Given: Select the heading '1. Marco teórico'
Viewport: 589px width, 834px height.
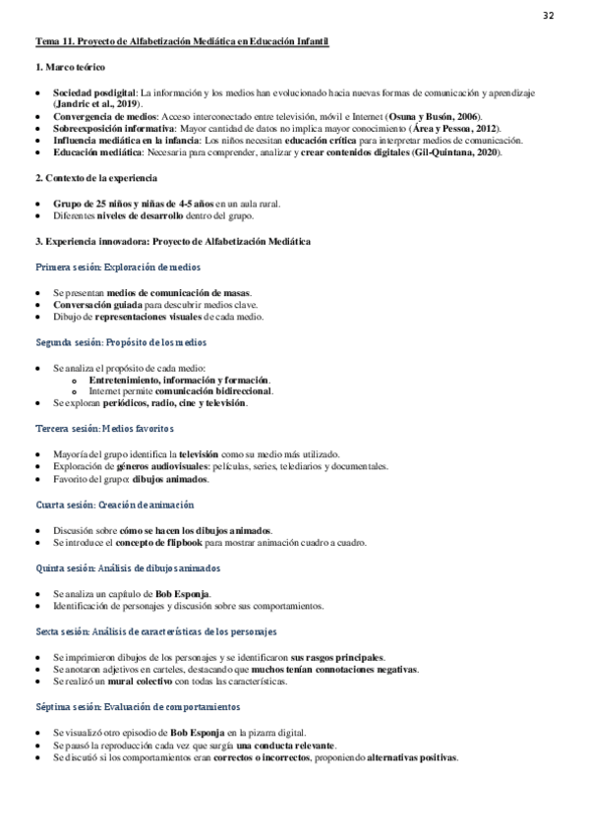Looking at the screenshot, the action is [70, 68].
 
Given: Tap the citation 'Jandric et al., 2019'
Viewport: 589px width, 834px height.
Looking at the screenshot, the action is [97, 102].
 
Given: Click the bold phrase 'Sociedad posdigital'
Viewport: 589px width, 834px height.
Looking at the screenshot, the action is [94, 91].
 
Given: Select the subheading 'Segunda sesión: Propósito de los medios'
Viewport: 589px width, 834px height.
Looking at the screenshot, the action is [121, 342].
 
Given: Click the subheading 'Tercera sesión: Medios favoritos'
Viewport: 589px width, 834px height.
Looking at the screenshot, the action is [104, 429].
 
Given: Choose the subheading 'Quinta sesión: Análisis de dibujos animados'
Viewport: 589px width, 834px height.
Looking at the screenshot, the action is [128, 568].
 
